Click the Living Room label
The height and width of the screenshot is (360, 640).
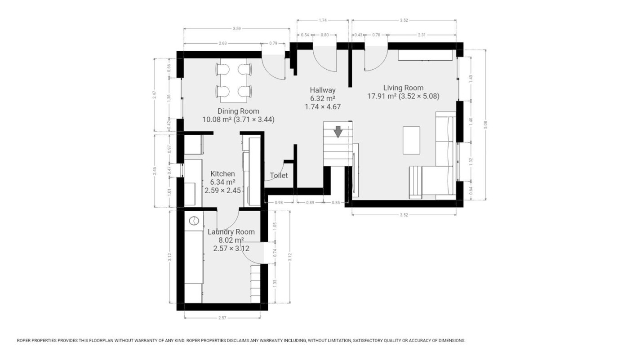(x=403, y=88)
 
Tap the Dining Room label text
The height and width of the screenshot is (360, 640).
(x=238, y=111)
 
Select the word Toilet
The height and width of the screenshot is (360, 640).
(x=279, y=175)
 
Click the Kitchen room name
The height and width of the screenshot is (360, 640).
(x=222, y=173)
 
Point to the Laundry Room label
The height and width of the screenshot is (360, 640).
(x=231, y=232)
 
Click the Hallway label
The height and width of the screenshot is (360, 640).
(x=323, y=90)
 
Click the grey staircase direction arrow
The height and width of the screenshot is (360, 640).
(x=338, y=131)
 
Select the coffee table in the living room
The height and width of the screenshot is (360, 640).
(x=412, y=140)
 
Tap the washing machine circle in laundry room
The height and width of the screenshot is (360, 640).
(x=194, y=221)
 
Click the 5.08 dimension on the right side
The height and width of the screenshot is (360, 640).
(x=485, y=125)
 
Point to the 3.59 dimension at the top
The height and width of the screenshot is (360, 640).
(x=236, y=29)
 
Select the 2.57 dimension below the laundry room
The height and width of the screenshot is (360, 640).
(x=222, y=318)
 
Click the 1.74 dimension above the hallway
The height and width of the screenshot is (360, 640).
(x=322, y=20)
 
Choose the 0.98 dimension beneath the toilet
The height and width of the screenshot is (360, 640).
(x=279, y=203)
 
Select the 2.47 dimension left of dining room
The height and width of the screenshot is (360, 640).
(x=154, y=95)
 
